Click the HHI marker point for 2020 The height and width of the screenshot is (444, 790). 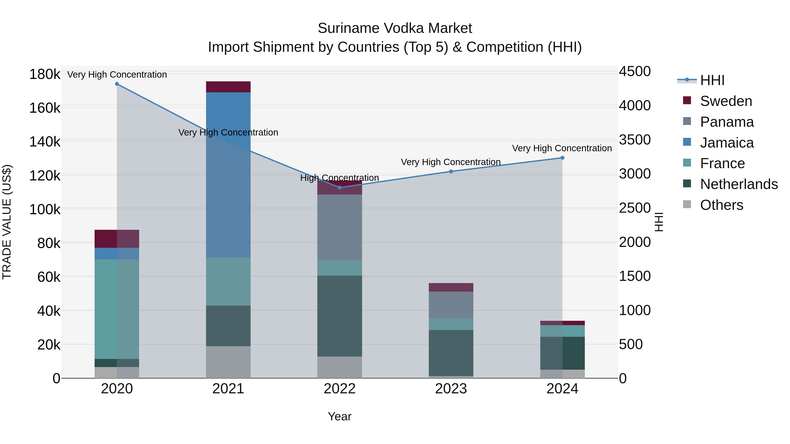click(117, 84)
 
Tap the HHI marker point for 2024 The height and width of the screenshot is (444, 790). click(562, 158)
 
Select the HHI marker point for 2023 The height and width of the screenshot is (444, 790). click(451, 172)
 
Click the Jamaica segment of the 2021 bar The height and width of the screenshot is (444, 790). click(228, 175)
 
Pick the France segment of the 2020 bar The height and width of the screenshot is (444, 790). click(117, 309)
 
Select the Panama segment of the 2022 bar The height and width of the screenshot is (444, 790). click(339, 227)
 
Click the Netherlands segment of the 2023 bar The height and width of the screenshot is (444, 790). click(451, 353)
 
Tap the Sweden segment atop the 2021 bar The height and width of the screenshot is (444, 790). click(228, 87)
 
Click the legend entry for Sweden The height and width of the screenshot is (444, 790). click(726, 101)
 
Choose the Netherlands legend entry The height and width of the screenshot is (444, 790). click(738, 184)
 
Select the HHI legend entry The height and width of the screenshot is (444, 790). click(712, 80)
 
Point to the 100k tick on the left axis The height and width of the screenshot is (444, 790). click(45, 210)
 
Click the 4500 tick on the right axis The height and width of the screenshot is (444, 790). click(634, 71)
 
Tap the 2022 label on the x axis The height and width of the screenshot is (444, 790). click(339, 389)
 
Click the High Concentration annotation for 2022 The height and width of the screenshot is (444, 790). click(339, 178)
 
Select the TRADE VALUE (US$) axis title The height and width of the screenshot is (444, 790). click(7, 222)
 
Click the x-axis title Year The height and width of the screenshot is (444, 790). click(339, 416)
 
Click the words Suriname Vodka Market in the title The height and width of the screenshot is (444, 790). click(395, 28)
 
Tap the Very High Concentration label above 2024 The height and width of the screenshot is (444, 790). click(562, 148)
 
